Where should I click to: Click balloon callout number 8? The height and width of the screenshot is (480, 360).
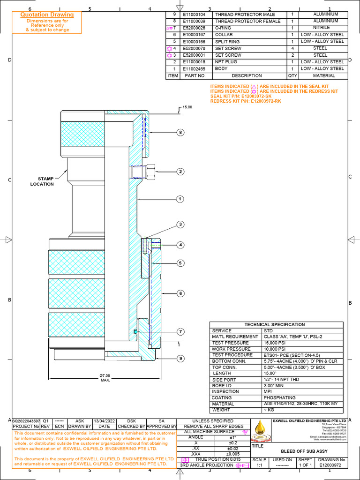click(180, 133)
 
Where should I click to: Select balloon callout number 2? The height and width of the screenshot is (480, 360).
click(180, 172)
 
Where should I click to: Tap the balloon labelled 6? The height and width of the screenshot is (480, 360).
click(180, 293)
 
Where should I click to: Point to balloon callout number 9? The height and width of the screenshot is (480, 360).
click(180, 359)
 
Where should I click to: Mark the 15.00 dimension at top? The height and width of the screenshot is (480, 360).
click(187, 107)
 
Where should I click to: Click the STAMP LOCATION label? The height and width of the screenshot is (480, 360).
click(42, 181)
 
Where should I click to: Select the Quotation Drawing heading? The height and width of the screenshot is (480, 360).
click(47, 15)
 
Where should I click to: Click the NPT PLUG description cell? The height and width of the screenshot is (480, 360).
click(227, 62)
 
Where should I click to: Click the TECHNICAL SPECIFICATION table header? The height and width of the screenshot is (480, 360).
click(276, 325)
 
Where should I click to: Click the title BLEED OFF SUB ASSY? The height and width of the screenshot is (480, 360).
click(304, 450)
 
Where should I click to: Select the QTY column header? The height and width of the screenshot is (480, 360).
click(292, 75)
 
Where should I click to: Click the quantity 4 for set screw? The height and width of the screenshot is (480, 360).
click(292, 48)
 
